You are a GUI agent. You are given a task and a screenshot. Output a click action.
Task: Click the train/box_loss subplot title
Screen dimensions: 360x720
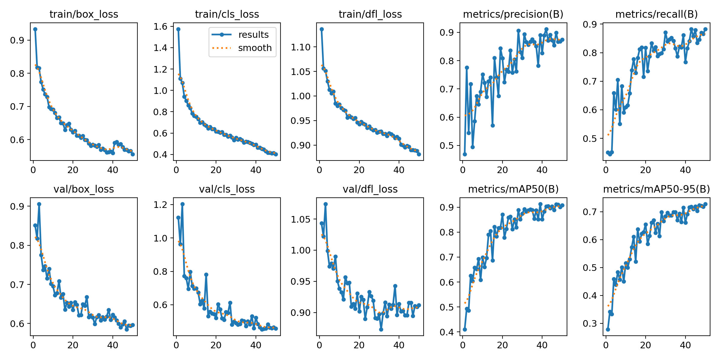coord(84,14)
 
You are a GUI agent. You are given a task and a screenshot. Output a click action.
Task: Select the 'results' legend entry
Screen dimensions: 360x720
coord(253,35)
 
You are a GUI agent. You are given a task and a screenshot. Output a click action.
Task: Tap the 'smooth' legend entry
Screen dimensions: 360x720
coord(255,48)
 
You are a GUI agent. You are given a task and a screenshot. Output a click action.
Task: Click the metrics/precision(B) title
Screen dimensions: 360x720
coord(513,14)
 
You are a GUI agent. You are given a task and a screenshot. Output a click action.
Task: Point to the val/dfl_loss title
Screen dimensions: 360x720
coord(370,189)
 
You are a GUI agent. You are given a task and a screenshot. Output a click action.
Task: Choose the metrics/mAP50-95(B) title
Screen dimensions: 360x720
coord(656,189)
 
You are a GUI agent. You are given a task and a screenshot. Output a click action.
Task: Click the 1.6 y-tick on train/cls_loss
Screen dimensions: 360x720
coord(161,27)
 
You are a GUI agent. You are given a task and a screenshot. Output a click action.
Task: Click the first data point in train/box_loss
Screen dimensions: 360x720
coord(35,29)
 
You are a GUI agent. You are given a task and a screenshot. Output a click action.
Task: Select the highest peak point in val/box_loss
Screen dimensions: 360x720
coord(39,204)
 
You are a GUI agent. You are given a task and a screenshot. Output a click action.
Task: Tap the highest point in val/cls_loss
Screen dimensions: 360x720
coord(182,204)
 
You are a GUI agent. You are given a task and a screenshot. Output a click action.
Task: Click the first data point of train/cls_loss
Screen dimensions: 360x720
coord(178,29)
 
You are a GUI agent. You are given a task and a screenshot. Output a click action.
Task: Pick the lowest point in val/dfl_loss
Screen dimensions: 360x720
coord(381,329)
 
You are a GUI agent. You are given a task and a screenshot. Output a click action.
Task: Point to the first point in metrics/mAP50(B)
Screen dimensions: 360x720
coord(465,329)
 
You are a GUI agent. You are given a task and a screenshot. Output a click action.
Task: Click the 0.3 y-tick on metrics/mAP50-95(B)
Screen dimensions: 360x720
coord(590,324)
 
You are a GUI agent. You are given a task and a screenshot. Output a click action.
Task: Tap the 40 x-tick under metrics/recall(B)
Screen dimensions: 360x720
coord(685,170)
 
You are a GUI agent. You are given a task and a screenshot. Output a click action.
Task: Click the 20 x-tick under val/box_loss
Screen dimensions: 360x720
coord(73,345)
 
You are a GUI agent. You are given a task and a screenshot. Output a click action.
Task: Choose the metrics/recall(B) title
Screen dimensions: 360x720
coord(656,14)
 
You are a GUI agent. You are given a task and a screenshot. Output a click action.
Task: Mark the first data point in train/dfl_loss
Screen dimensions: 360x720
coord(322,29)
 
